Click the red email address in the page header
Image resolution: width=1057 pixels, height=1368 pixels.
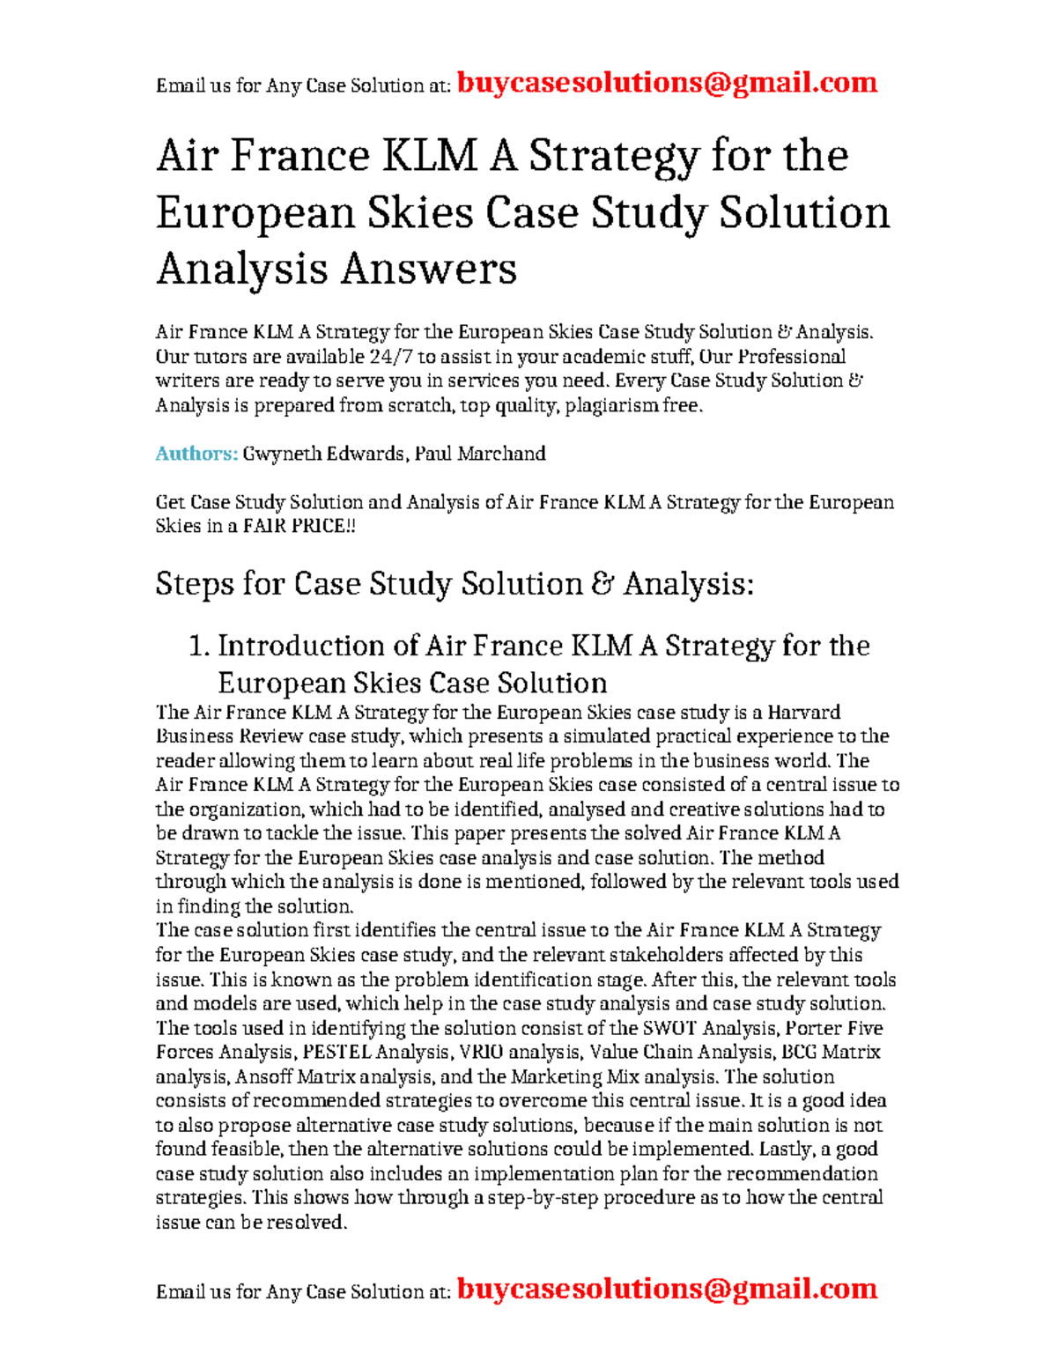667,83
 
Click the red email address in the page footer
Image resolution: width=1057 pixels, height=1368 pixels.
667,1289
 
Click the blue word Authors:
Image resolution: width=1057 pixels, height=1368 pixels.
196,454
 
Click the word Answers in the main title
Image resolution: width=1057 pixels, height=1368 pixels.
428,269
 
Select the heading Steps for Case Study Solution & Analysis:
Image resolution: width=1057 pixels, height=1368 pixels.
455,584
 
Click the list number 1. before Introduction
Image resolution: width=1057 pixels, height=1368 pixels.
199,646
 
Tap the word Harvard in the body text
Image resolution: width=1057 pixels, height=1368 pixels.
803,712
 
